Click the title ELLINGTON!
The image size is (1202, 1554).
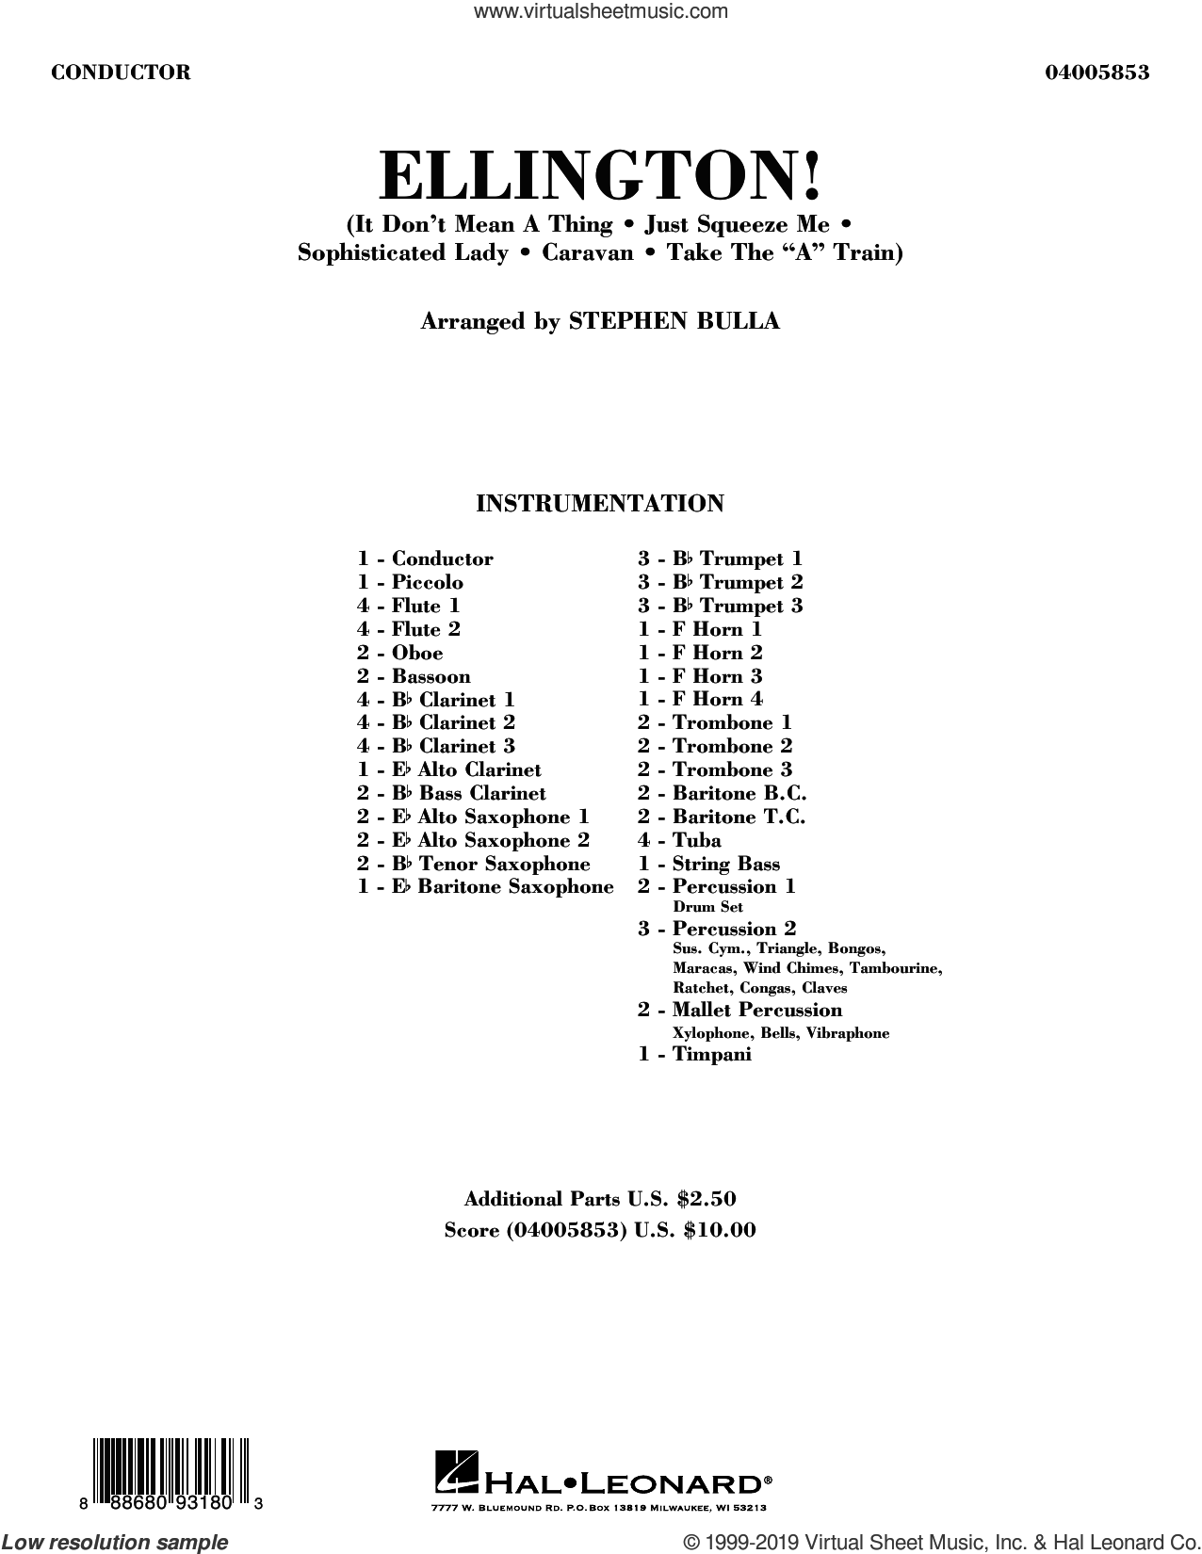coord(600,176)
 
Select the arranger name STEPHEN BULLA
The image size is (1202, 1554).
coord(674,320)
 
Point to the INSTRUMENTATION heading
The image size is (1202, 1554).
coord(600,504)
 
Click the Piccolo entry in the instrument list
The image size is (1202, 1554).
coord(410,582)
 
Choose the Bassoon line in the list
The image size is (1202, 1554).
coord(414,676)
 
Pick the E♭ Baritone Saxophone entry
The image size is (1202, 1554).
coord(485,886)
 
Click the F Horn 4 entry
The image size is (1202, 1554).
coord(700,699)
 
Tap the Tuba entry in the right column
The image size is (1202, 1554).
coord(679,840)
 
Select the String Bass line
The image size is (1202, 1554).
coord(708,864)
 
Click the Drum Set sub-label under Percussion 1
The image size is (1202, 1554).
coord(707,907)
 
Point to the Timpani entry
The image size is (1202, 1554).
coord(694,1055)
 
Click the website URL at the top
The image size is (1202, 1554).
coord(601,12)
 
